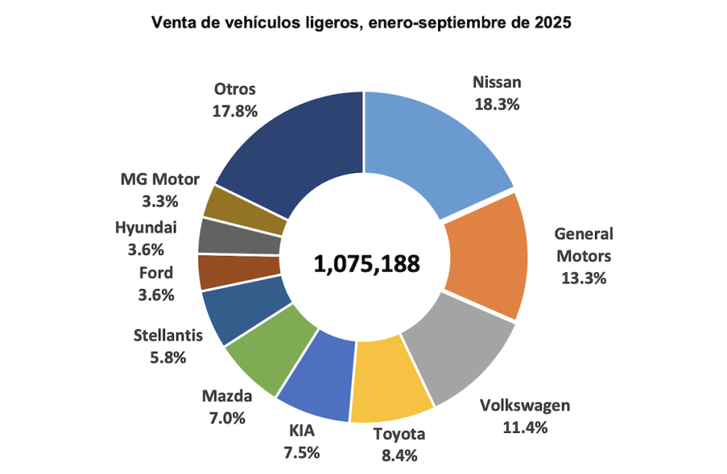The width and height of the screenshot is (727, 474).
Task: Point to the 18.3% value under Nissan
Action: (497, 104)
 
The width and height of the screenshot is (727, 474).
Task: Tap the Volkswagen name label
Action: (525, 406)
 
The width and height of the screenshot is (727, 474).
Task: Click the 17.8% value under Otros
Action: (234, 111)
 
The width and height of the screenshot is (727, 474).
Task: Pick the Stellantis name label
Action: (168, 336)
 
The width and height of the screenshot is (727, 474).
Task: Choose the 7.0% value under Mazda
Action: (224, 418)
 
